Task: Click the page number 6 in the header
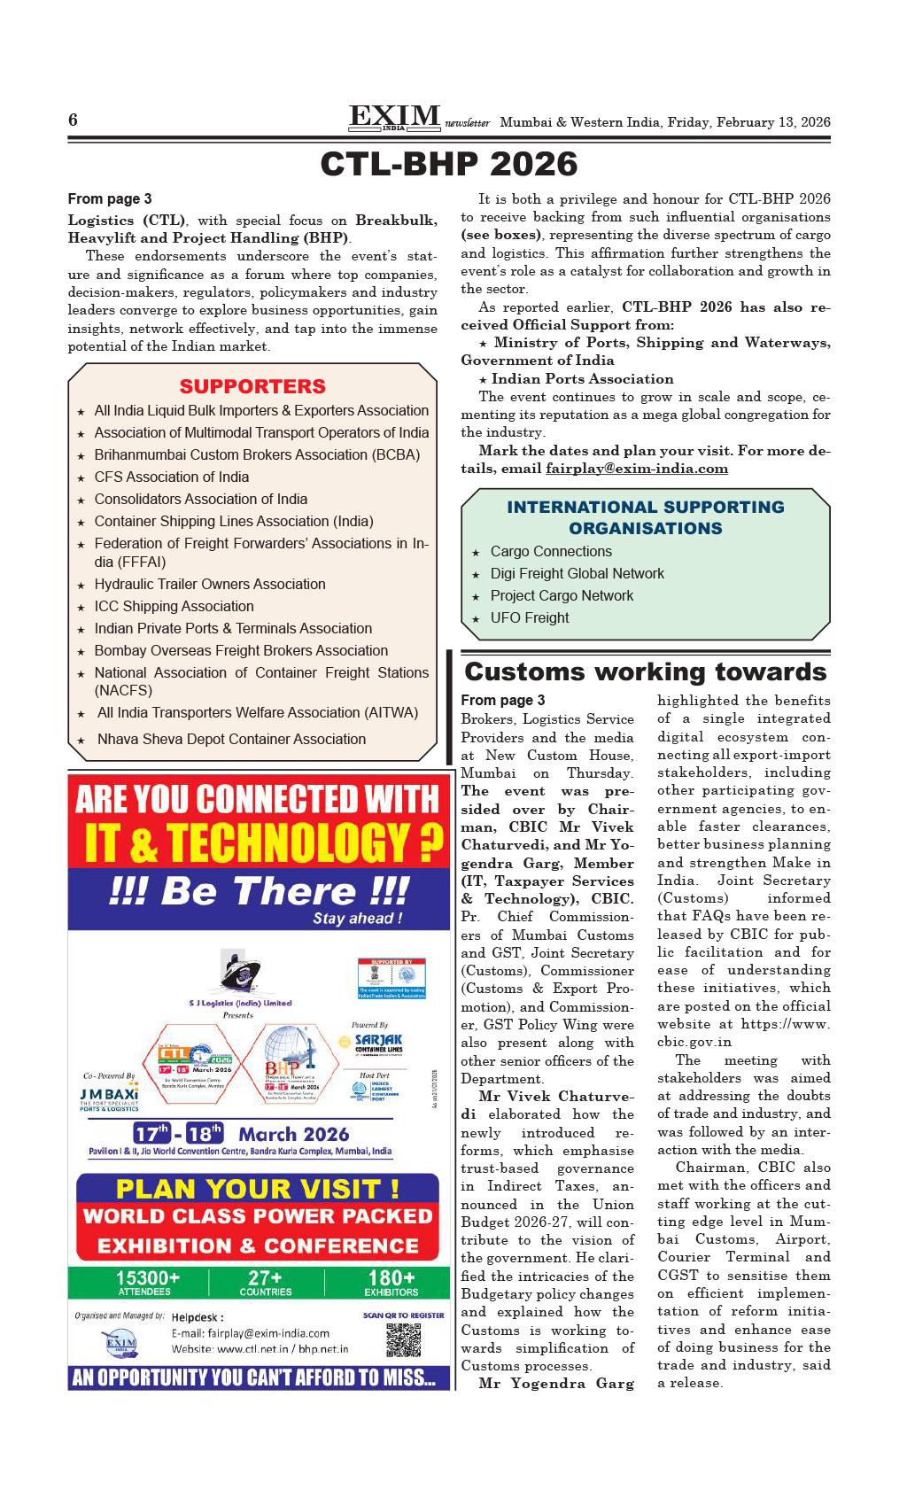(74, 120)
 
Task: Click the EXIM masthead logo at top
(395, 118)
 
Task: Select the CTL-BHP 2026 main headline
(449, 164)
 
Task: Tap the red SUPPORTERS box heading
(252, 386)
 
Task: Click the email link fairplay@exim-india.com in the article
(637, 469)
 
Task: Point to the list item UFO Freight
(529, 617)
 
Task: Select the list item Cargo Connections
(550, 551)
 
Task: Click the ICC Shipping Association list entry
(174, 606)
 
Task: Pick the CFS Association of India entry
(171, 477)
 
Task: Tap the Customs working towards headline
(645, 671)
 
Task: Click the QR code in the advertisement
(403, 1339)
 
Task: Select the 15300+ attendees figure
(147, 1282)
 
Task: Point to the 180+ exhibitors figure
(391, 1282)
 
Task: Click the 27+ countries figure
(266, 1282)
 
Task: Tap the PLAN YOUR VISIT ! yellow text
(258, 1188)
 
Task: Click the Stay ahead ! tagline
(357, 919)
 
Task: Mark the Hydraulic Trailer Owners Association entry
(209, 584)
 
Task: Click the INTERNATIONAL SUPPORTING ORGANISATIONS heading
(645, 517)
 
